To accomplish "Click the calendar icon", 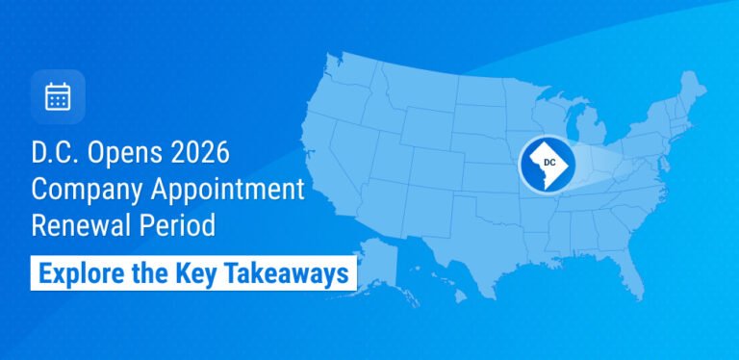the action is [58, 96].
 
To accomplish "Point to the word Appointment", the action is [228, 189].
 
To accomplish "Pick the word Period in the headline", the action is [177, 225].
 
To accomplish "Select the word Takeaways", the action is [283, 272].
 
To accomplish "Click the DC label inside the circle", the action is [549, 163].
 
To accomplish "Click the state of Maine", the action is [692, 90].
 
